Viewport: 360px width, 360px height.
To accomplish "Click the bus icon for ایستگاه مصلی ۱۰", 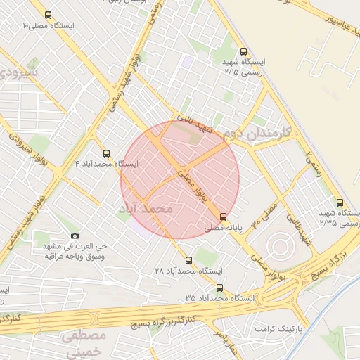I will pyautogui.click(x=47, y=15).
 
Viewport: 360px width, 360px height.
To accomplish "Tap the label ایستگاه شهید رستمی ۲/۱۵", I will pyautogui.click(x=243, y=67).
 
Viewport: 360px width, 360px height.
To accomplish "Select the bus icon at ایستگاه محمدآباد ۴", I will pyautogui.click(x=106, y=153).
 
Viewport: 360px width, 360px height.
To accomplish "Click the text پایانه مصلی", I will pyautogui.click(x=224, y=228).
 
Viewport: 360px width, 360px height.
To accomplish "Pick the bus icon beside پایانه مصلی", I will pyautogui.click(x=224, y=217).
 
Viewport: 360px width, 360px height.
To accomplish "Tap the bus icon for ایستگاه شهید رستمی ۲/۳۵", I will pyautogui.click(x=340, y=202).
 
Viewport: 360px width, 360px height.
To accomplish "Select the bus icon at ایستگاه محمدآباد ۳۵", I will pyautogui.click(x=220, y=288).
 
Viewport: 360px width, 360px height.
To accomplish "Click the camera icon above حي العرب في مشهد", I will pyautogui.click(x=75, y=236).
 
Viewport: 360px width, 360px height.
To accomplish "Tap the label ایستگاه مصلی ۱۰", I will pyautogui.click(x=49, y=25).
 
